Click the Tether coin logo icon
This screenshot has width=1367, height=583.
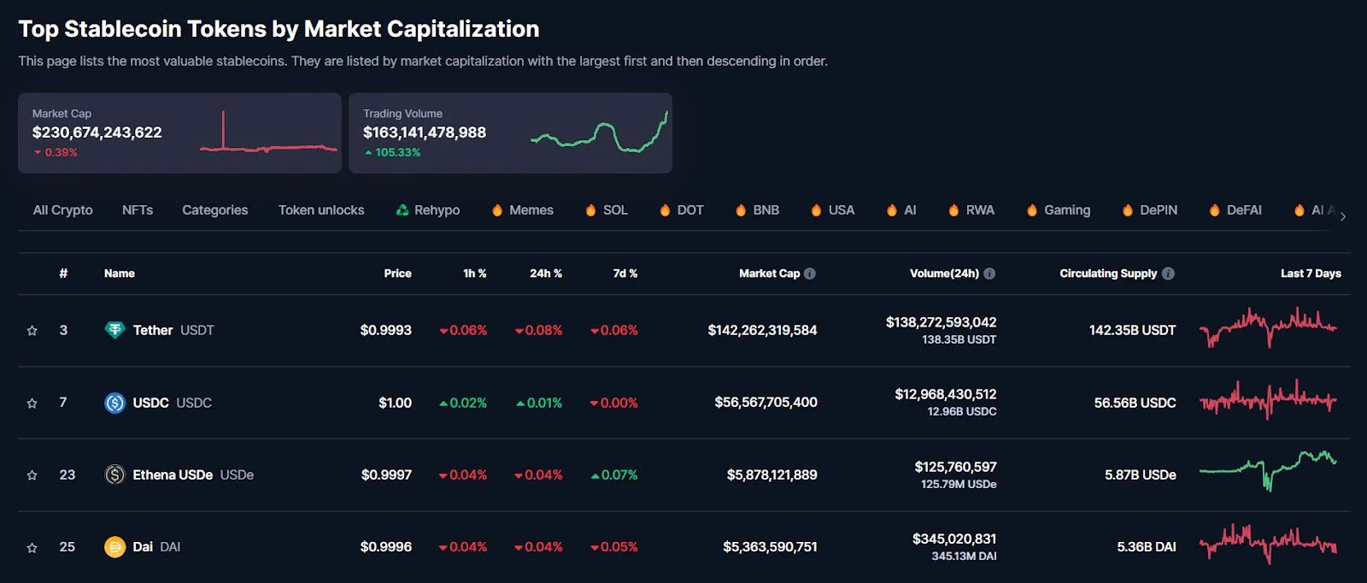(114, 330)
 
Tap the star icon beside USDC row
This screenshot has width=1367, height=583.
(32, 403)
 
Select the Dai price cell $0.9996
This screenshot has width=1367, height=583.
(385, 547)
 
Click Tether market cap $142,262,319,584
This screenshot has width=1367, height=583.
(762, 330)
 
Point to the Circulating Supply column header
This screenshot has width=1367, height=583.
(1108, 274)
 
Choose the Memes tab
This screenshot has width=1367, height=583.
(531, 210)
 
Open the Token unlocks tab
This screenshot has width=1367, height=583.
(321, 210)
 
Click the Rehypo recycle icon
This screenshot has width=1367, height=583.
(402, 210)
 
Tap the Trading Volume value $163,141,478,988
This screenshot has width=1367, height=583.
(425, 132)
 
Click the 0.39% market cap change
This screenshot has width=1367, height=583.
(61, 152)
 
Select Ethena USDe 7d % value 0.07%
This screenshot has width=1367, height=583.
(619, 475)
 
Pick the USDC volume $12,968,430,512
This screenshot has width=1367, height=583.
(945, 394)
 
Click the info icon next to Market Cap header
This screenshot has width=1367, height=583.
(810, 274)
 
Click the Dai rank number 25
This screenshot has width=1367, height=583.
(67, 547)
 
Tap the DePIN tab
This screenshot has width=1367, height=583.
(1158, 210)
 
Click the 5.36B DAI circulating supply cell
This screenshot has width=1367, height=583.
(1146, 547)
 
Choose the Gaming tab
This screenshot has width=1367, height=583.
(1066, 210)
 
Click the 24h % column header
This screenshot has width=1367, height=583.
(545, 274)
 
